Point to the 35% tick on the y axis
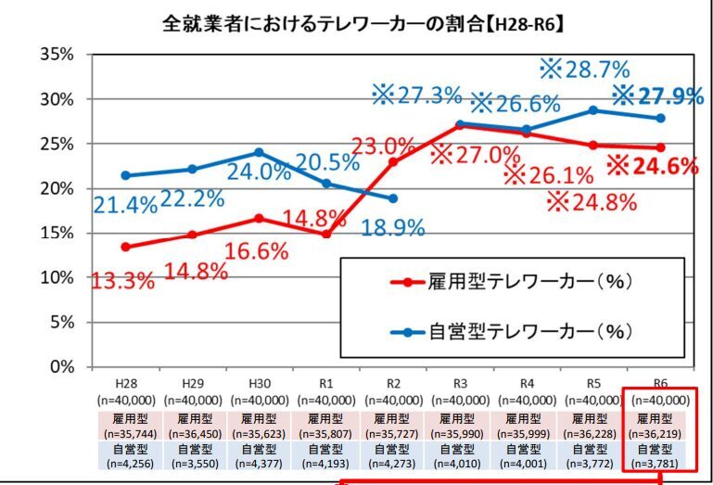pyautogui.click(x=57, y=54)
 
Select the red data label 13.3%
pyautogui.click(x=123, y=281)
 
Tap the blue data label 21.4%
pyautogui.click(x=124, y=206)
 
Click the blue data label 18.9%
pyautogui.click(x=394, y=226)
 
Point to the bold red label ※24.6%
pyautogui.click(x=653, y=166)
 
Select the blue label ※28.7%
pyautogui.click(x=584, y=68)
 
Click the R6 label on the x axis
pyautogui.click(x=660, y=383)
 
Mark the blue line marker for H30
pyautogui.click(x=259, y=152)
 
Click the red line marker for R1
pyautogui.click(x=325, y=235)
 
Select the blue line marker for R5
pyautogui.click(x=593, y=109)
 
